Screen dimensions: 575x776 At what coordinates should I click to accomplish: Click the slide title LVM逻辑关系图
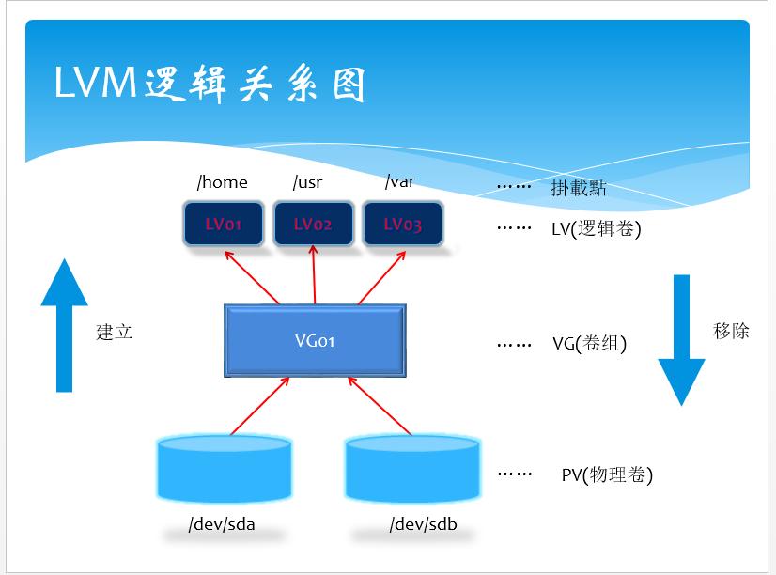click(209, 85)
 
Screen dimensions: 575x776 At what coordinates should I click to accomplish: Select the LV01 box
click(224, 225)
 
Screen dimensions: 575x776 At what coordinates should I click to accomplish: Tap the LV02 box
click(313, 225)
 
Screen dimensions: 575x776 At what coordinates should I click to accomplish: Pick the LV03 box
click(402, 225)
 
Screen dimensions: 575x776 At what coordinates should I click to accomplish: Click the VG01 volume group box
click(315, 340)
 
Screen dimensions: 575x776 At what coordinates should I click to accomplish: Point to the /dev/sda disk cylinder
click(225, 469)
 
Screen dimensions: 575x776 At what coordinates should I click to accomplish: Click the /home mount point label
click(223, 182)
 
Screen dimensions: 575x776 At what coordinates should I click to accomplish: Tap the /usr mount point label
click(307, 182)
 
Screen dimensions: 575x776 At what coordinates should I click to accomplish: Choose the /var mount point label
click(399, 182)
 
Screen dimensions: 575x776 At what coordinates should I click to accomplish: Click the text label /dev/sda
click(222, 524)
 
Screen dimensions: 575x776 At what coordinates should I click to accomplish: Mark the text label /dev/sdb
click(423, 524)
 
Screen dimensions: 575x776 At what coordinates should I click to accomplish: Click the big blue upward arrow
click(64, 324)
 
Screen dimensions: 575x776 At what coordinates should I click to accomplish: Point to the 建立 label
click(115, 332)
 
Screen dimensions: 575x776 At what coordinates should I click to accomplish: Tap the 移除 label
click(731, 331)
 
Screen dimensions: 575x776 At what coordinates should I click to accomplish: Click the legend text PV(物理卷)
click(607, 474)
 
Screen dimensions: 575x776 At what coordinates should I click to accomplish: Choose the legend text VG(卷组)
click(589, 344)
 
